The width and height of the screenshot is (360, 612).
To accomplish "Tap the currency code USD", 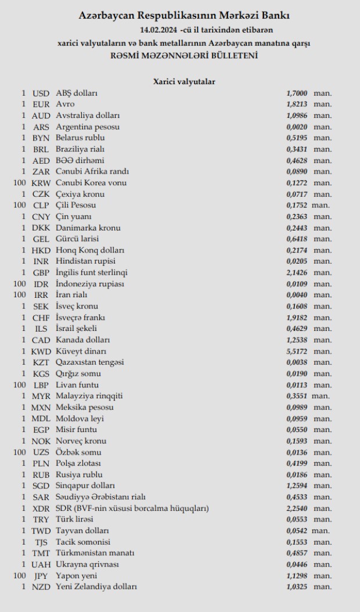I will coord(41,93).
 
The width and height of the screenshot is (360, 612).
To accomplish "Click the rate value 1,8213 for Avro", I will coord(297,105).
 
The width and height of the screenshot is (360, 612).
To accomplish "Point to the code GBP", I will coord(41,273).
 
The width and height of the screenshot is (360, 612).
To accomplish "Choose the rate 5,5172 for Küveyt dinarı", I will coord(297,351).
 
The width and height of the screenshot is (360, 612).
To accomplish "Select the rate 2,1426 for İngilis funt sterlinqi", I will coord(297,273).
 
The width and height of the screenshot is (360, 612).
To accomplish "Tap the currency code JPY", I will coord(41,575).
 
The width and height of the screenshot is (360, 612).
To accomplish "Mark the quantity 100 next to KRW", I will coord(20,183).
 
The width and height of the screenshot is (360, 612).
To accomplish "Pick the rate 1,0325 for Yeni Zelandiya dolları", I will coord(297,587).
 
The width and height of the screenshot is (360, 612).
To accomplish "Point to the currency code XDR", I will coord(41,508).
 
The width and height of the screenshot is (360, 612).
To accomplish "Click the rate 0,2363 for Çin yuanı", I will coord(297,217).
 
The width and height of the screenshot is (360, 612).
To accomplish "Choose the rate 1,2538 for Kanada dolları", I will coord(297,340).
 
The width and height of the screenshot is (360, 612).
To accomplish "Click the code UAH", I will coord(41,564).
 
